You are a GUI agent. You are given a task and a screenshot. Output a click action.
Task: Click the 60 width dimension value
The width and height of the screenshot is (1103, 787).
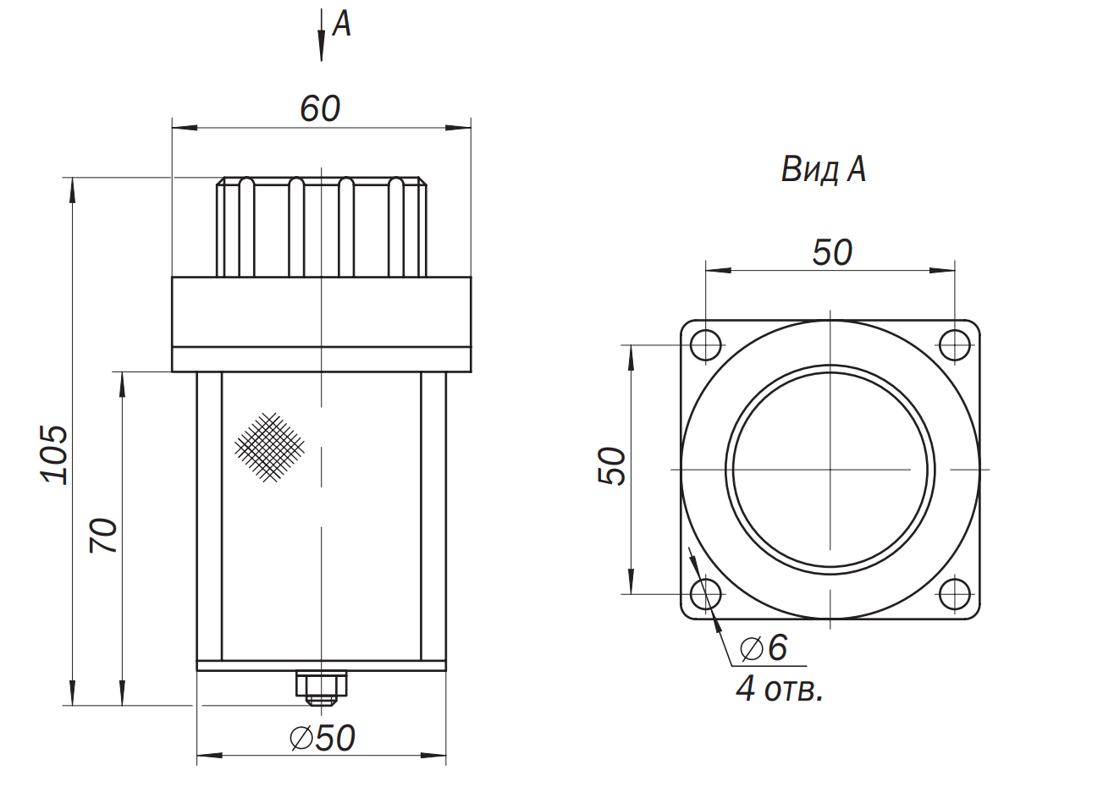click(320, 108)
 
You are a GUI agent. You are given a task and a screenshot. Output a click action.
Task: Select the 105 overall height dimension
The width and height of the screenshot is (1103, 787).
click(54, 454)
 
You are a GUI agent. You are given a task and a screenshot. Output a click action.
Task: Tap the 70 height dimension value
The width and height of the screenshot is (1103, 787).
click(104, 536)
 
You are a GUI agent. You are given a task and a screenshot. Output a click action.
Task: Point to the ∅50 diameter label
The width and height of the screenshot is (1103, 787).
click(323, 738)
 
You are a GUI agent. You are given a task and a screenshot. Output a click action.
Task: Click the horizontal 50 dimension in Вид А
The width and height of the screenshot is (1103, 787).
click(832, 252)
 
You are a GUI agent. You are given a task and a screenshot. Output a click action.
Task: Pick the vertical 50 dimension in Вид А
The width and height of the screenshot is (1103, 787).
click(611, 466)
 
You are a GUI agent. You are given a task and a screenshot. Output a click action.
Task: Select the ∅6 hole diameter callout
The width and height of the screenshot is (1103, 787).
click(764, 647)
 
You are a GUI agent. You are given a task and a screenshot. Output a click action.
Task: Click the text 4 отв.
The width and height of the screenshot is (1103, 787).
click(780, 689)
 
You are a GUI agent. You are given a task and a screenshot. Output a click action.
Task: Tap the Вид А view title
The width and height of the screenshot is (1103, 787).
click(824, 170)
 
